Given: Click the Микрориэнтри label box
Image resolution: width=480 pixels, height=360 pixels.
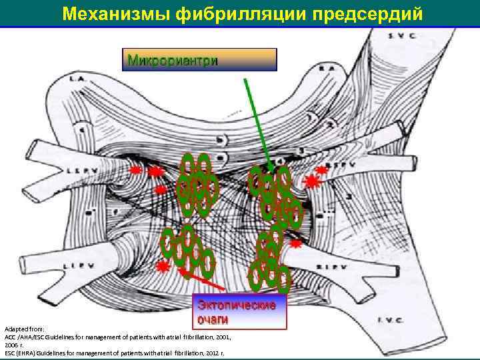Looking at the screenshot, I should (198, 60).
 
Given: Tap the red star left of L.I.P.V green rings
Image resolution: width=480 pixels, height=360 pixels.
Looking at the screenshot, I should (163, 265).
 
